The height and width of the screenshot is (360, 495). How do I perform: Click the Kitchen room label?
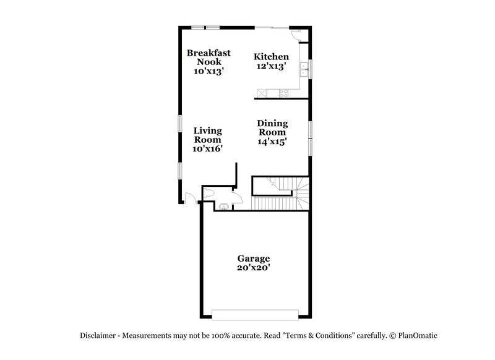point(271,57)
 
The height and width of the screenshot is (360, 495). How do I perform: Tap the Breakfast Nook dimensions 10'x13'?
point(209,71)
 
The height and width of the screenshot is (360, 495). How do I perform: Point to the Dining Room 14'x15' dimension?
point(272,141)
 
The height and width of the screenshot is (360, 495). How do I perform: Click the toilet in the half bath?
point(209,194)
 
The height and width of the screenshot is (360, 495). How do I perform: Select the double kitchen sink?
point(304,68)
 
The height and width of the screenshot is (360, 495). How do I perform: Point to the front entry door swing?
point(191,197)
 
